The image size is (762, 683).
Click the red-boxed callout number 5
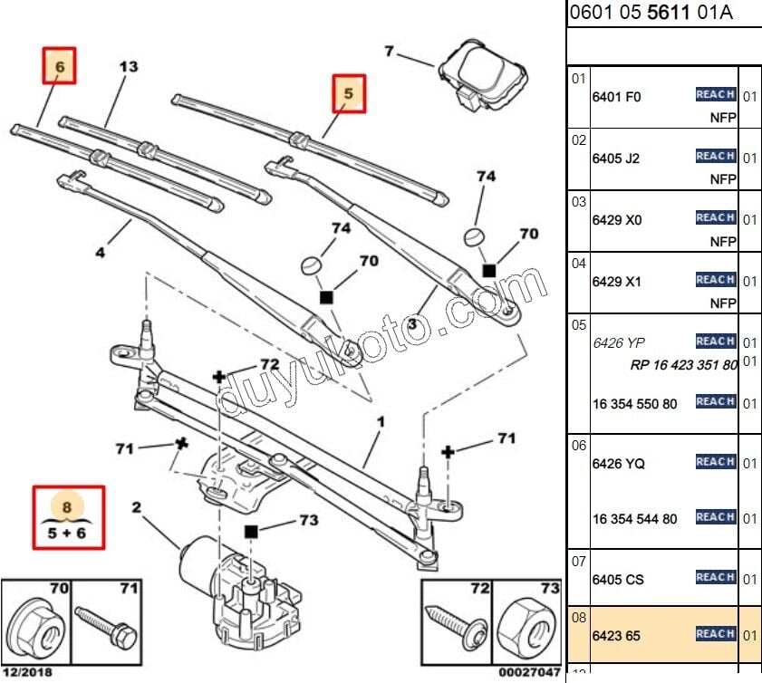[x=348, y=92]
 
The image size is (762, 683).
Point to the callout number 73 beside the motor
[x=309, y=520]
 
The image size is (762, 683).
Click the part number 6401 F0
[x=616, y=97]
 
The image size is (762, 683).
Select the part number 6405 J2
[x=616, y=159]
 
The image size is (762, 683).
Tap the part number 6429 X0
[x=616, y=220]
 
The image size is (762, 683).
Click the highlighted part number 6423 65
[x=616, y=636]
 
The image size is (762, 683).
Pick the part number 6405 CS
[x=618, y=579]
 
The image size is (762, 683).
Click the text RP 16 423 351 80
[x=684, y=366]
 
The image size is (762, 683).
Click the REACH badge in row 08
[x=715, y=634]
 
